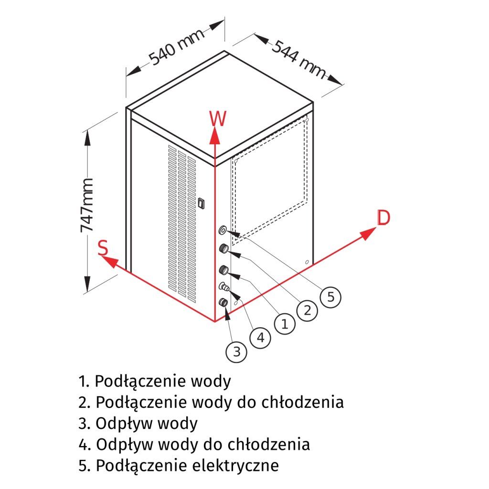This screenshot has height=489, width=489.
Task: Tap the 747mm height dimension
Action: [x=87, y=205]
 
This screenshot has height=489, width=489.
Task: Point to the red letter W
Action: [x=217, y=118]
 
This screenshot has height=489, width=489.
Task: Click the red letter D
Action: [x=383, y=218]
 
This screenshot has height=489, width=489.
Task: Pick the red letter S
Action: [x=103, y=248]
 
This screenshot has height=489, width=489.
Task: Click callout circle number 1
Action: [x=285, y=325]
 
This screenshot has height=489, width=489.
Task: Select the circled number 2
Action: [x=307, y=311]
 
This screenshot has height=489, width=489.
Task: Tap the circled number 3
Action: [x=236, y=352]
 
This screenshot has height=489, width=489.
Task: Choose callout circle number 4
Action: [x=260, y=338]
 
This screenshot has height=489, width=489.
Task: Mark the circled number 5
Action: [x=330, y=297]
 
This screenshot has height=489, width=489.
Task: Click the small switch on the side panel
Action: [x=201, y=203]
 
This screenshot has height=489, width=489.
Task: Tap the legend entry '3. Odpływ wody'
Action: [x=138, y=423]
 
